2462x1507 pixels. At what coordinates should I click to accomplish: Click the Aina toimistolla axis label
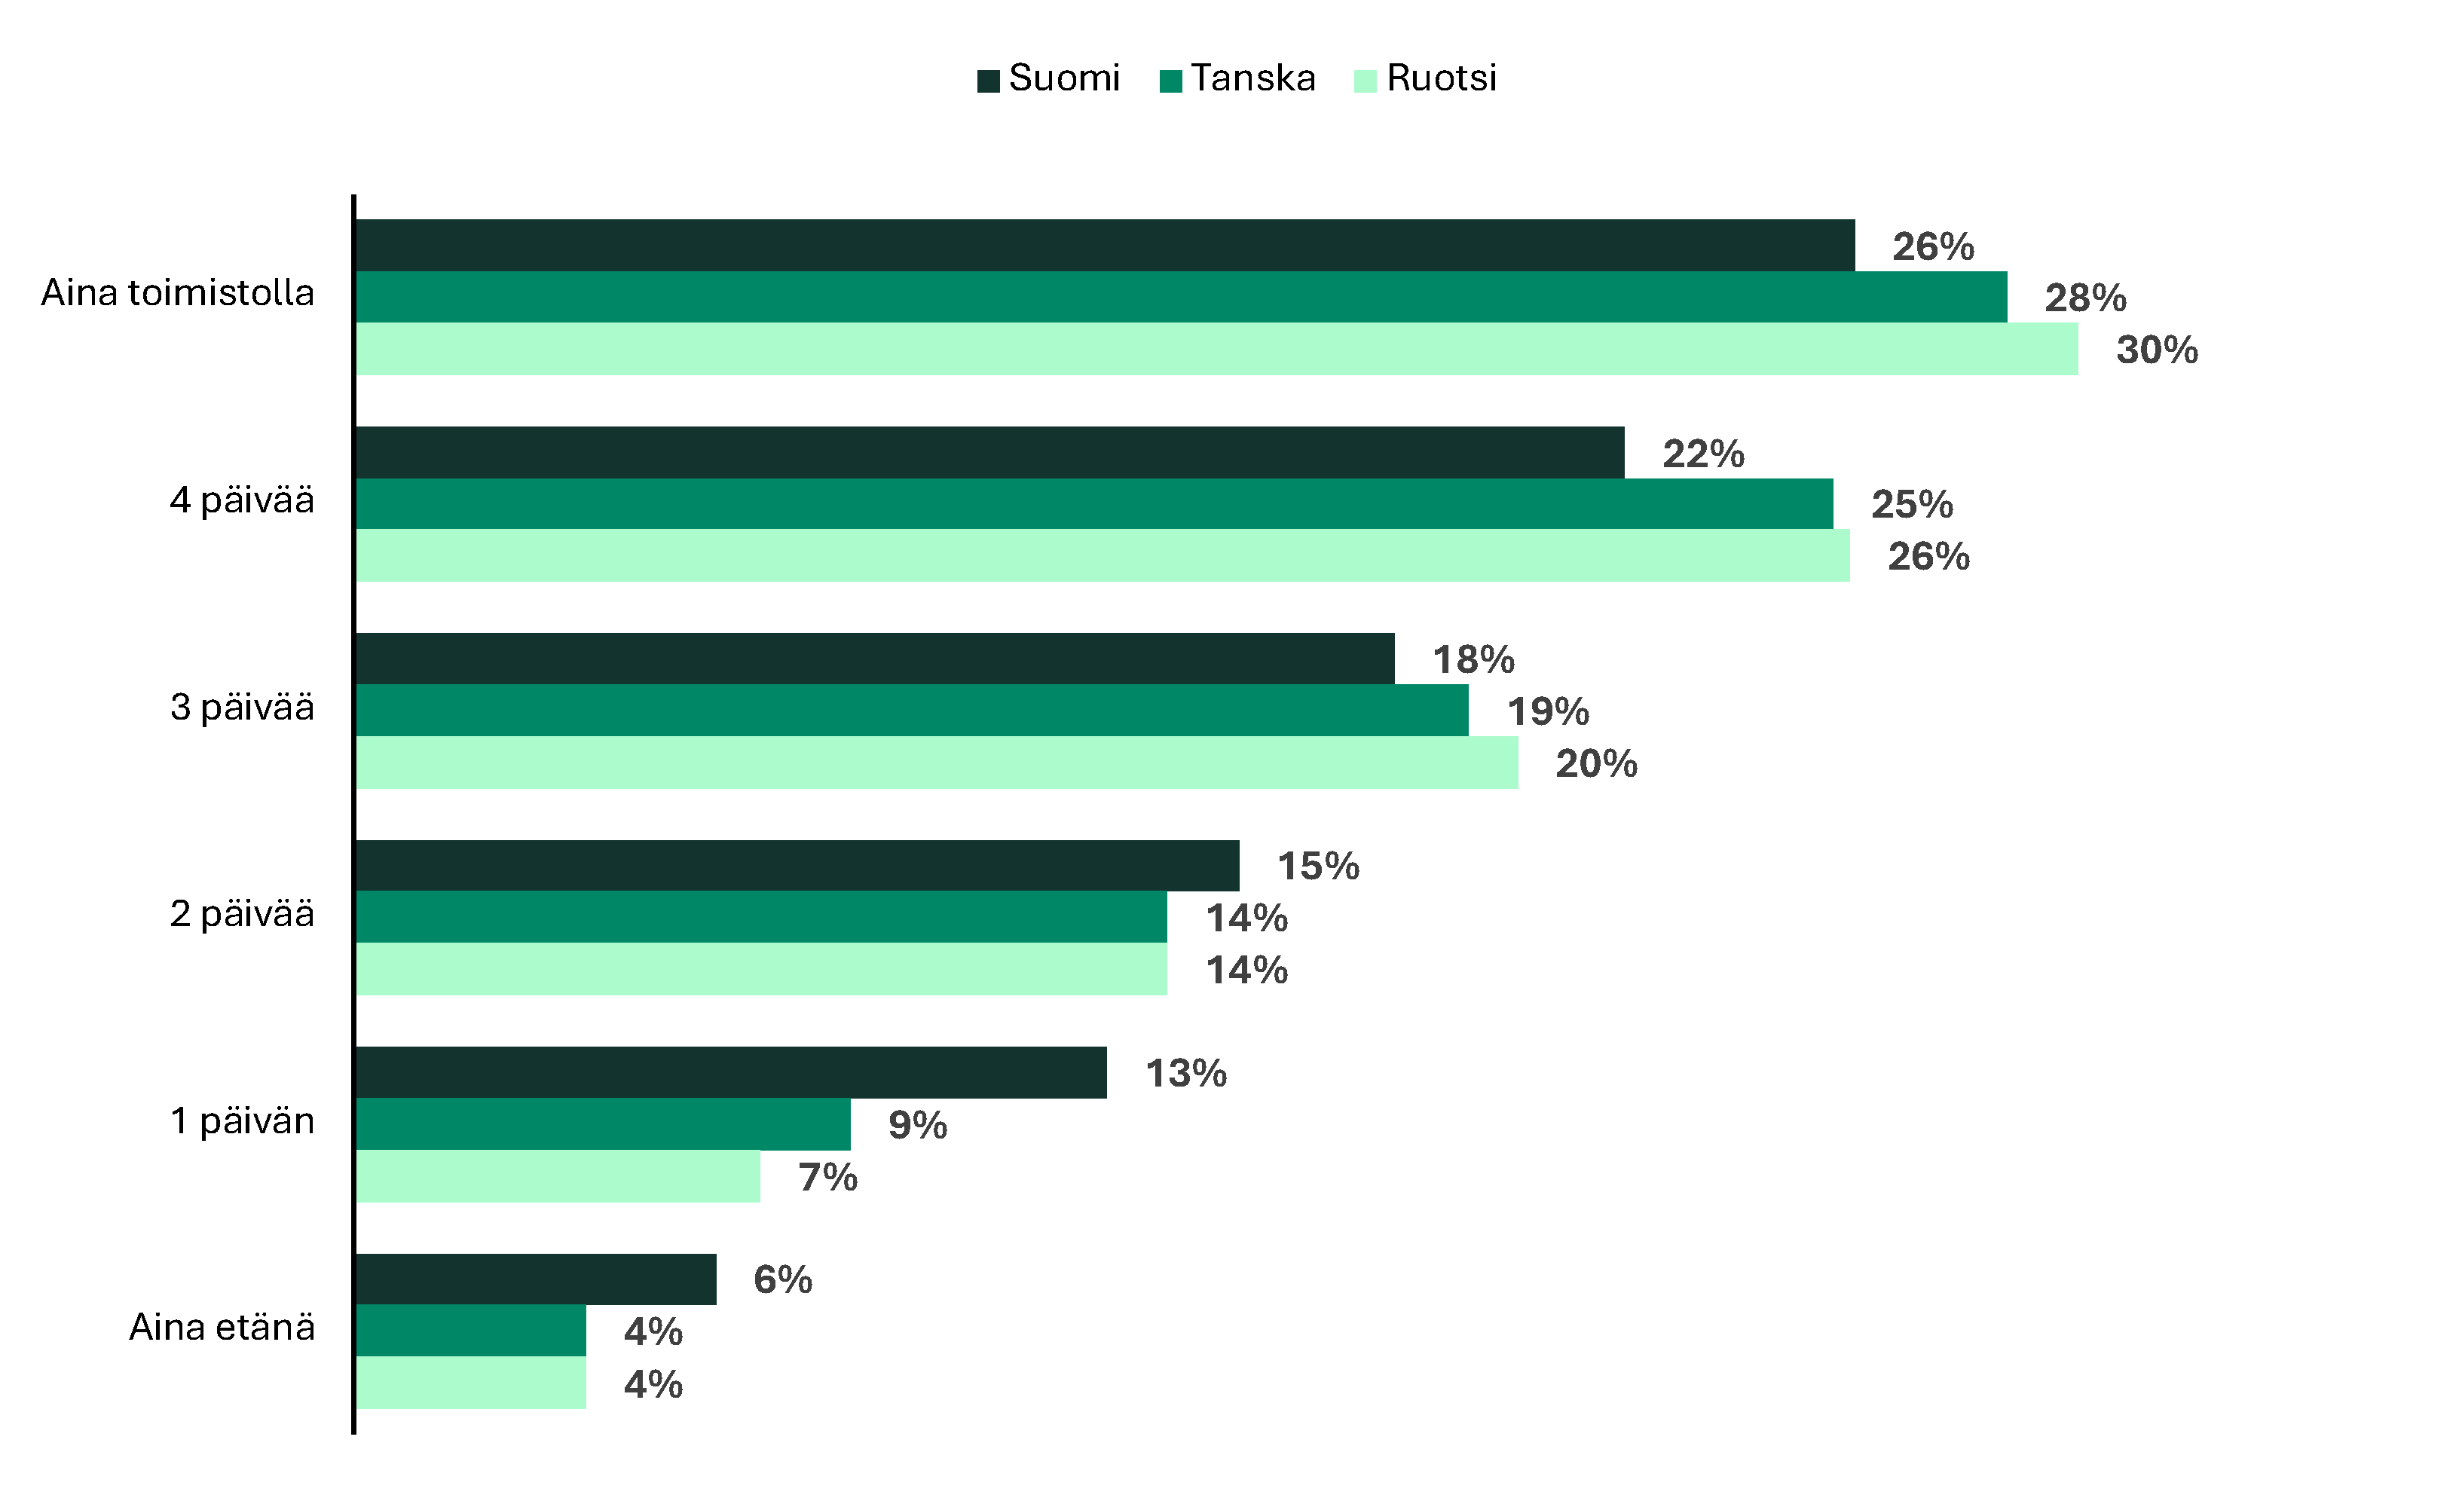tap(178, 293)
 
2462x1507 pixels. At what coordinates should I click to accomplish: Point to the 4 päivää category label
tap(242, 500)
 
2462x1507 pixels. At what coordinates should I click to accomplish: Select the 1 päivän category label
tap(242, 1120)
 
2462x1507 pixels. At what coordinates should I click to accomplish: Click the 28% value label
tap(2085, 298)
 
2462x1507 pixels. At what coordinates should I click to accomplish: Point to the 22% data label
tap(1702, 454)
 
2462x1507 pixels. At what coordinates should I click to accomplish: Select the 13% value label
tap(1185, 1073)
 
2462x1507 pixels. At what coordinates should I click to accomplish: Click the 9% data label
tap(917, 1125)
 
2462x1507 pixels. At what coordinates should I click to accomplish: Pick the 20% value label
tap(1595, 763)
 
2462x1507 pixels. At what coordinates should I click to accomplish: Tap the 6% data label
tap(782, 1279)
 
